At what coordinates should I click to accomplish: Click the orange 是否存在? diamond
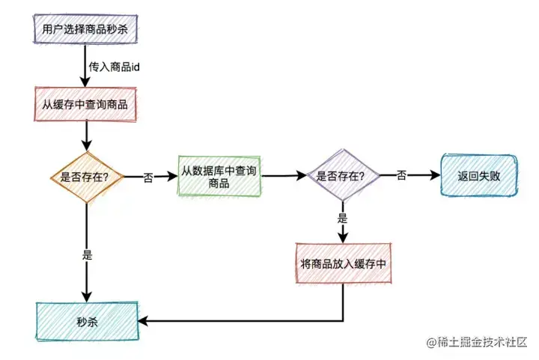pos(87,177)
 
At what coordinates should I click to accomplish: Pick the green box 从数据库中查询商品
pos(219,177)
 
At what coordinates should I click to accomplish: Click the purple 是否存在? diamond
pos(341,177)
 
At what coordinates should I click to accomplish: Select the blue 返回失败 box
pos(478,176)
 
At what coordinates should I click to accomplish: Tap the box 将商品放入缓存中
pos(342,263)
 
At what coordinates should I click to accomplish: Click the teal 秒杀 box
pos(87,321)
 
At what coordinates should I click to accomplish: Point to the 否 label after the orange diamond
pos(148,178)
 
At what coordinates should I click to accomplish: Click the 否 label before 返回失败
pos(402,176)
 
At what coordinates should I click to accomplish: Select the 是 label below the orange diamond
pos(87,254)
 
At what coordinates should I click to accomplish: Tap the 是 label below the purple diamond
pos(343,219)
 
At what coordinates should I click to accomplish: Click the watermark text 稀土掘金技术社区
pos(480,343)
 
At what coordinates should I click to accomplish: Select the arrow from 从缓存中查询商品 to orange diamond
pos(87,135)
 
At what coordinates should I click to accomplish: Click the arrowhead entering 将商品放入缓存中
pos(343,237)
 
